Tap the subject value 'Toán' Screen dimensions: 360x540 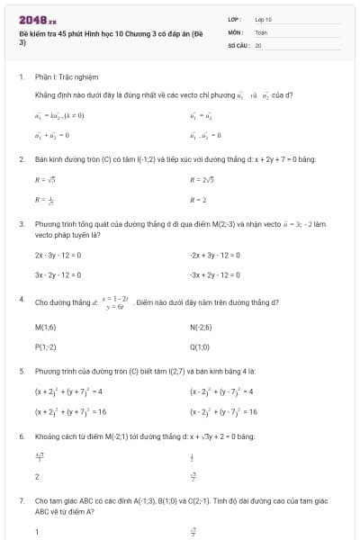click(x=261, y=31)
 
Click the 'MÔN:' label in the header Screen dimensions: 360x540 click(x=236, y=31)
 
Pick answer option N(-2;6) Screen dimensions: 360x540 click(x=201, y=328)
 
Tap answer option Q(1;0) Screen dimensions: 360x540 click(x=200, y=346)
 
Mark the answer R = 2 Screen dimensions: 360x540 click(x=199, y=200)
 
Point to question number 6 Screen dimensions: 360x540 click(x=21, y=436)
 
